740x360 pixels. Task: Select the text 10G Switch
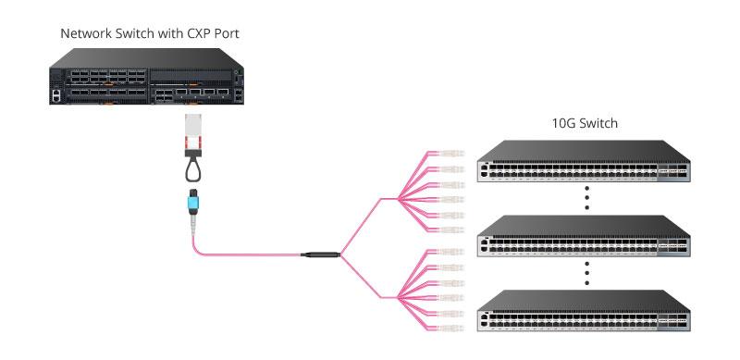coord(584,123)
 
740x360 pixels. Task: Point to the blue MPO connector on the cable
coord(193,198)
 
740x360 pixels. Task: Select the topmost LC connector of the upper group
coord(449,155)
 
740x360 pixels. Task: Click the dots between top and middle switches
coord(586,198)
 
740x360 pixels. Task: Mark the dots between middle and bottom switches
coord(586,274)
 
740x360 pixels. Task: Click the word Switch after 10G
coord(598,123)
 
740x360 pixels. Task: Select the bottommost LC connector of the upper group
coord(449,229)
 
